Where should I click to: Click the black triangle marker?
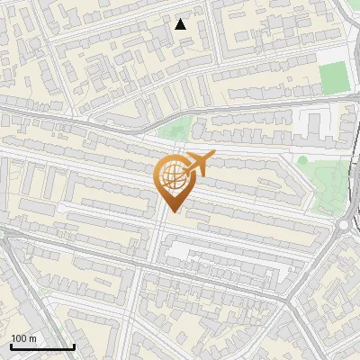[180, 24]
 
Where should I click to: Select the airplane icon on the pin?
[198, 165]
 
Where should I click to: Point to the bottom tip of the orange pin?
[172, 212]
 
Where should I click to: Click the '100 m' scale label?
[24, 338]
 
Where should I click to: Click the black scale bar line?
[42, 347]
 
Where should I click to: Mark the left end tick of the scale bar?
[11, 346]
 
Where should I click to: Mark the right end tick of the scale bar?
[74, 346]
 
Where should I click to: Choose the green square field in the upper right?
[333, 78]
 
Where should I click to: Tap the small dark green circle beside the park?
[303, 160]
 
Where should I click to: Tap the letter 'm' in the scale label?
[32, 338]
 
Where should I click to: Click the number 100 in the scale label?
[20, 338]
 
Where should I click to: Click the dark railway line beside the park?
[345, 180]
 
